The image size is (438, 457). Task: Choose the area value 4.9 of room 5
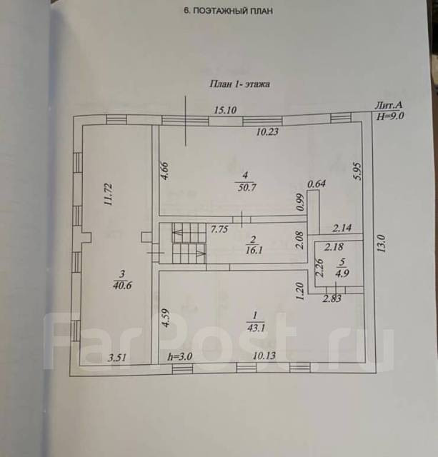click(342, 271)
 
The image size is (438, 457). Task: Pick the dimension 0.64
click(316, 185)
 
